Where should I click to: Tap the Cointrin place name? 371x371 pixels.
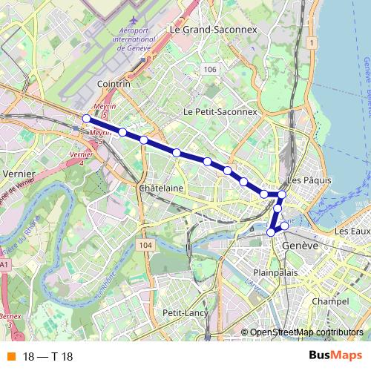113,85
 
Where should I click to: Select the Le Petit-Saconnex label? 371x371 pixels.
220,111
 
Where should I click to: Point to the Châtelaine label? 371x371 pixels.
161,188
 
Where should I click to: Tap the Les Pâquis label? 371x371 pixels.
304,180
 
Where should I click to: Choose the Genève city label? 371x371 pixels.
301,245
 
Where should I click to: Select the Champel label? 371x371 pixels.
331,302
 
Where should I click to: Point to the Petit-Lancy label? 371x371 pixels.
184,313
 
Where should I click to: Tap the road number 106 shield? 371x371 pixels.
210,69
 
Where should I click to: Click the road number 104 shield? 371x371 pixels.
145,245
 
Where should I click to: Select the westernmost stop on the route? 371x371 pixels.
87,119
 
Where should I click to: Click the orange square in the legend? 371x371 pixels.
10,357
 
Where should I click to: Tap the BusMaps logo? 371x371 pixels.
335,356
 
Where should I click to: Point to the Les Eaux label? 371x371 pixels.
352,232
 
